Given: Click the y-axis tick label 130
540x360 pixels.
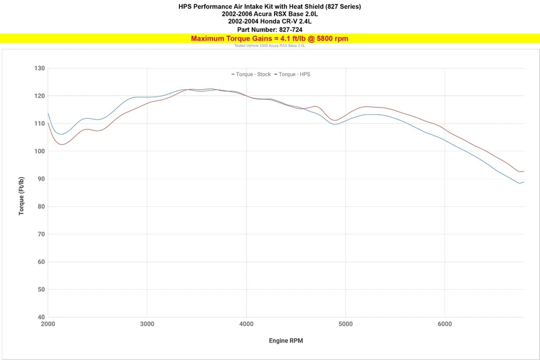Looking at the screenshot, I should pyautogui.click(x=39, y=68).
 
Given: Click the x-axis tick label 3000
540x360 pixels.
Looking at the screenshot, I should pyautogui.click(x=147, y=325).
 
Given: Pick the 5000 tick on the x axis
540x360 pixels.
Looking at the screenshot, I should pyautogui.click(x=345, y=325).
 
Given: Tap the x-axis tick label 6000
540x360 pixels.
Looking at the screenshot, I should pyautogui.click(x=444, y=325).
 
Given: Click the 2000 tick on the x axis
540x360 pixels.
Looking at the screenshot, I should pyautogui.click(x=48, y=325).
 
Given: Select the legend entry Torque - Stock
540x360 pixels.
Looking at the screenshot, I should pyautogui.click(x=253, y=74).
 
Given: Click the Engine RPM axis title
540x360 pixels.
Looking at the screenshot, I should pyautogui.click(x=286, y=341).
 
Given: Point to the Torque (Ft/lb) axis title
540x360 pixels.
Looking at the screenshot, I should pyautogui.click(x=21, y=196).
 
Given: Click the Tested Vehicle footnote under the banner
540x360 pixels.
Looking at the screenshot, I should pyautogui.click(x=269, y=46).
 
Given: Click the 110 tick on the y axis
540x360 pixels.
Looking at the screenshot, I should pyautogui.click(x=39, y=123).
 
